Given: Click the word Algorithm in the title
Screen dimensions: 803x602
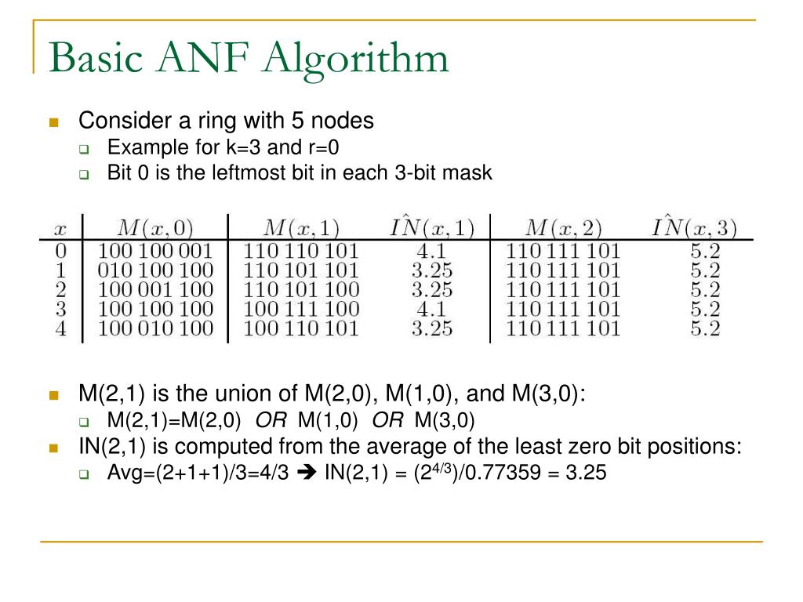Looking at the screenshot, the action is (x=358, y=60).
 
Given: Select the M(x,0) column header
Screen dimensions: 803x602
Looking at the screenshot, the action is (x=154, y=228).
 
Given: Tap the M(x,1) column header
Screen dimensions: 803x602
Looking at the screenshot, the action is (x=301, y=228).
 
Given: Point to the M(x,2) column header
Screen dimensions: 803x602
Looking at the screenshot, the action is (x=563, y=228).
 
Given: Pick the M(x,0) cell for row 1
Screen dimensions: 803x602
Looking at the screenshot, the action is (x=155, y=270).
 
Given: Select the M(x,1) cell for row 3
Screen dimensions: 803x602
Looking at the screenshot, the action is (x=301, y=309).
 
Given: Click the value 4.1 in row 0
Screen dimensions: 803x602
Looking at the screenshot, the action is (x=432, y=252).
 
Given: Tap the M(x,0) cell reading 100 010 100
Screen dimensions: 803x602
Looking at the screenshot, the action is (x=155, y=328).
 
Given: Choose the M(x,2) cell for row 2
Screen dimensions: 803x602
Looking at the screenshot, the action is (x=563, y=290).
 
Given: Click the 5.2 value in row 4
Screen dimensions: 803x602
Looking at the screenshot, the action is (x=705, y=328).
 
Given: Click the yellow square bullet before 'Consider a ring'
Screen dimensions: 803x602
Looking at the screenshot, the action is (x=54, y=122).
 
